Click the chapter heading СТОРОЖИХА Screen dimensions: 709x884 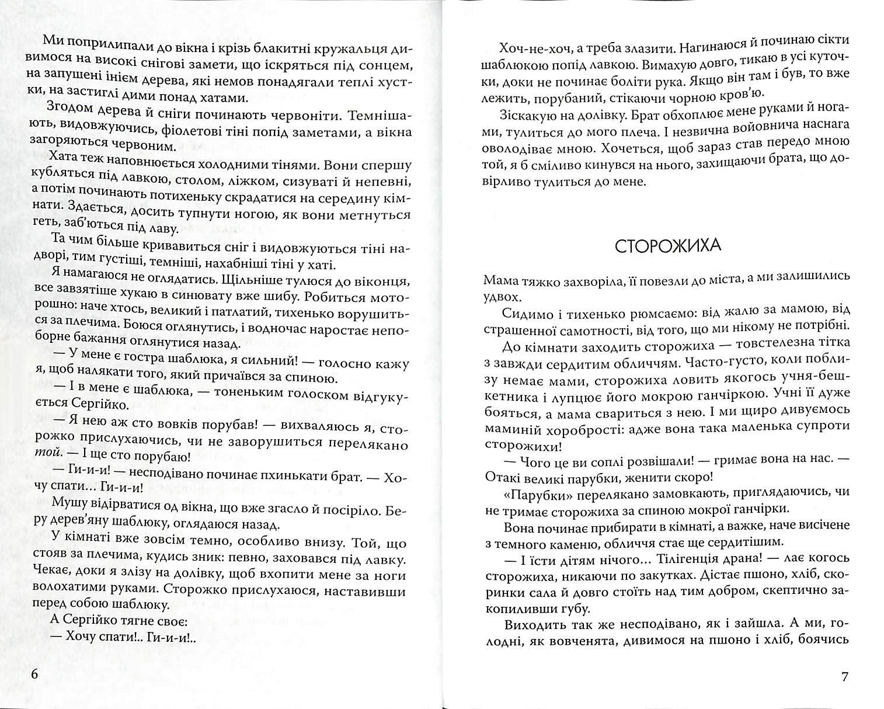coord(668,245)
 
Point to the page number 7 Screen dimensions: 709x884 coord(844,677)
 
